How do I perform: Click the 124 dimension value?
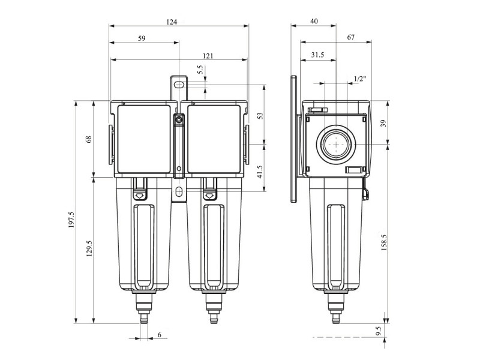172,22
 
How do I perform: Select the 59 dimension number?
142,38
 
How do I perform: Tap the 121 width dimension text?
208,56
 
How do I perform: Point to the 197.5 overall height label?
71,220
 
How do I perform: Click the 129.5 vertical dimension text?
89,248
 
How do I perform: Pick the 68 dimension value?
89,139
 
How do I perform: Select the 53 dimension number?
260,116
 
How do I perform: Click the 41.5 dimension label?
260,172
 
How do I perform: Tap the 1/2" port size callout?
360,79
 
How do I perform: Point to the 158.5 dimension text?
384,243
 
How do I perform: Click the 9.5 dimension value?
379,331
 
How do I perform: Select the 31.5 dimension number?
317,55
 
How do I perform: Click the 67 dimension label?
351,37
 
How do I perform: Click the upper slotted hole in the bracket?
179,84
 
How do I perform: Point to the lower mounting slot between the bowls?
179,192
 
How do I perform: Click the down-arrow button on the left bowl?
139,194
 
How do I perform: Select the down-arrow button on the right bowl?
210,194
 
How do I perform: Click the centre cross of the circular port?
336,144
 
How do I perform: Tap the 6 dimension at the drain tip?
160,335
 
